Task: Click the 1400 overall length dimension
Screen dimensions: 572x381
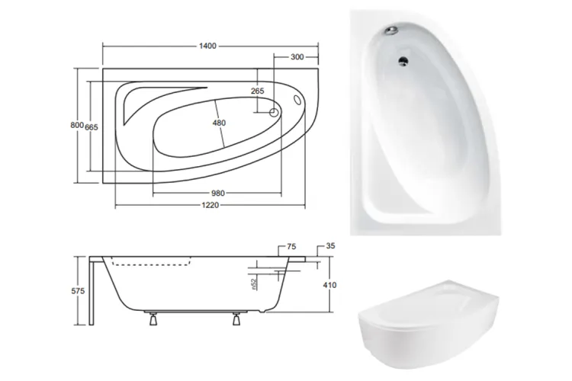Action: [207, 46]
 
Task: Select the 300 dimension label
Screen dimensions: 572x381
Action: [297, 57]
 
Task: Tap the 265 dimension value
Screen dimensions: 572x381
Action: [258, 91]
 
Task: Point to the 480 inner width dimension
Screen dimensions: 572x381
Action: [219, 123]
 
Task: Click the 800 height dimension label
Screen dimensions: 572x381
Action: [77, 125]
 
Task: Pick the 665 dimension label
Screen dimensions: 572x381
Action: [92, 127]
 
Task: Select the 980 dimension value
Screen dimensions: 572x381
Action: [218, 194]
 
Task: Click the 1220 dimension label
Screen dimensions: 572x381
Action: [210, 205]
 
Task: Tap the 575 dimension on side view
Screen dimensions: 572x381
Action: [78, 291]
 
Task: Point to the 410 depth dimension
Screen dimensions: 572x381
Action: [329, 285]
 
